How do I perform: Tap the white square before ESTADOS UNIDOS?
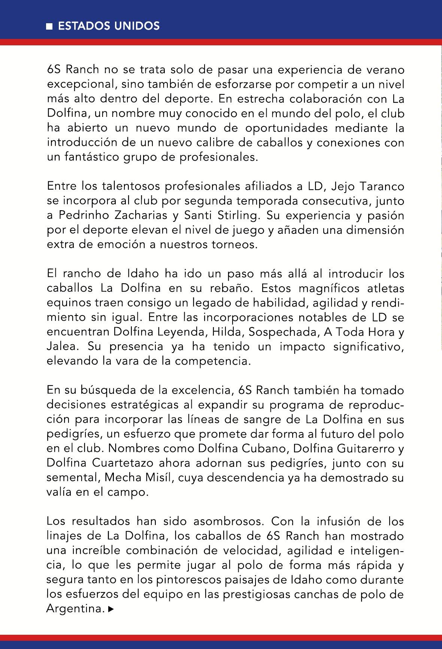coord(49,26)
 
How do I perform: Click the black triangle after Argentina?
coord(110,610)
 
